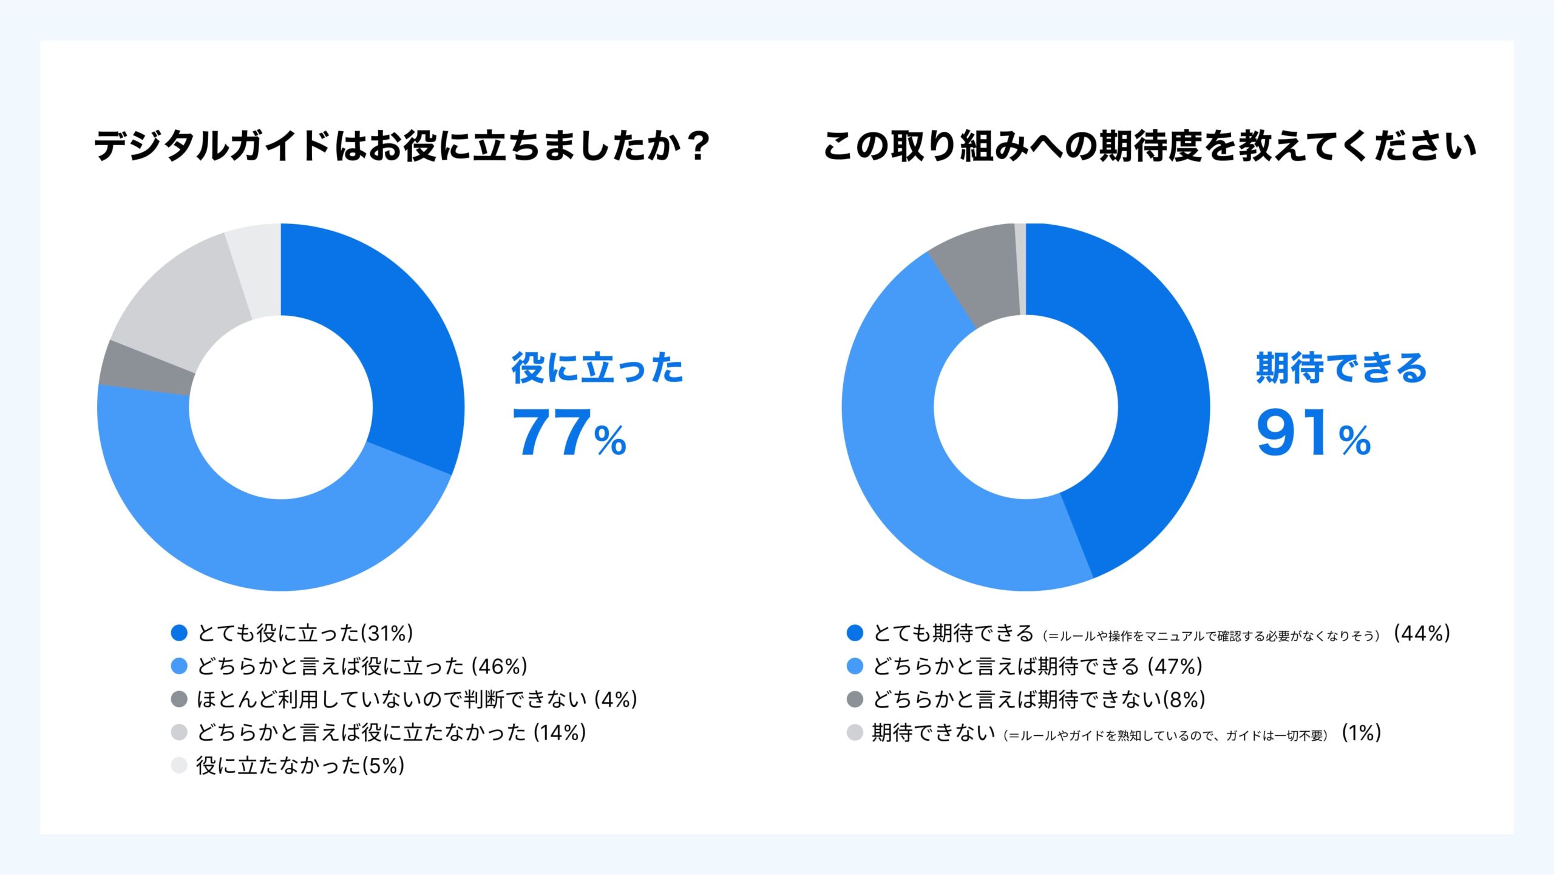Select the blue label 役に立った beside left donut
point(597,368)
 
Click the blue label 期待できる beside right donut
point(1341,368)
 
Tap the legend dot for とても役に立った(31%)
point(179,633)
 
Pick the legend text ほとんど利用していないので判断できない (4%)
point(416,700)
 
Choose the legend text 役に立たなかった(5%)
point(300,766)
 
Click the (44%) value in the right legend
point(1422,633)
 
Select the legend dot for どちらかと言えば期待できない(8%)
point(855,700)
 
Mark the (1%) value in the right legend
point(1362,733)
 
